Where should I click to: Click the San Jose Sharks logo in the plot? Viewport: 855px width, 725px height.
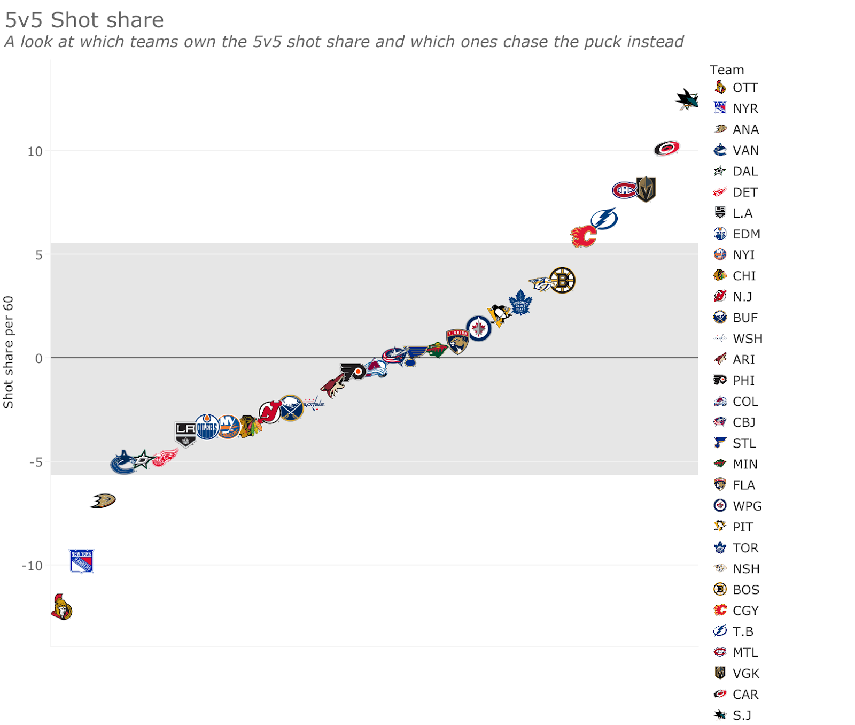686,99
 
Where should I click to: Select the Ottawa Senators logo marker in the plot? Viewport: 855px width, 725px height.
62,607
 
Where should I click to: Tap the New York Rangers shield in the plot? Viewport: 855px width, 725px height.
82,561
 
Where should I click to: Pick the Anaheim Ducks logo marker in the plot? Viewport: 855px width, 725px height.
103,500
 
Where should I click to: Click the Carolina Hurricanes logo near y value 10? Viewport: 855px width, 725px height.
666,148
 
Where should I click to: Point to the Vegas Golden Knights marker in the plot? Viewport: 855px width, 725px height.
646,190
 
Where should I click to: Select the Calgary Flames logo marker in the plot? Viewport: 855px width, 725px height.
583,236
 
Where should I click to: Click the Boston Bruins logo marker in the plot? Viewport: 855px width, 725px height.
562,281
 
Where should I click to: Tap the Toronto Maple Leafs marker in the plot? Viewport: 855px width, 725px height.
520,303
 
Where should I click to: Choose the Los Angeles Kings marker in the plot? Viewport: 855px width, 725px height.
185,433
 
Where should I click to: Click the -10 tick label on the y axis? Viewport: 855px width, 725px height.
32,566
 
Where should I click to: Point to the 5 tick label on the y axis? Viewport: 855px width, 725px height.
38,255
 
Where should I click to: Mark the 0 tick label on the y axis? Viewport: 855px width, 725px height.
38,359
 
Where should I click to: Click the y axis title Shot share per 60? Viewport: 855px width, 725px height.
8,352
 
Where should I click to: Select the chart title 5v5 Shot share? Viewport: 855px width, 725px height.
84,20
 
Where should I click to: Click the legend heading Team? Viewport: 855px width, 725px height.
726,70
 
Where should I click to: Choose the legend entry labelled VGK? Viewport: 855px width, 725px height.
745,673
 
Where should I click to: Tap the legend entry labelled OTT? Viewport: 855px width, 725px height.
745,88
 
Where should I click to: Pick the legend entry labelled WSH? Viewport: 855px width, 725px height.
747,339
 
